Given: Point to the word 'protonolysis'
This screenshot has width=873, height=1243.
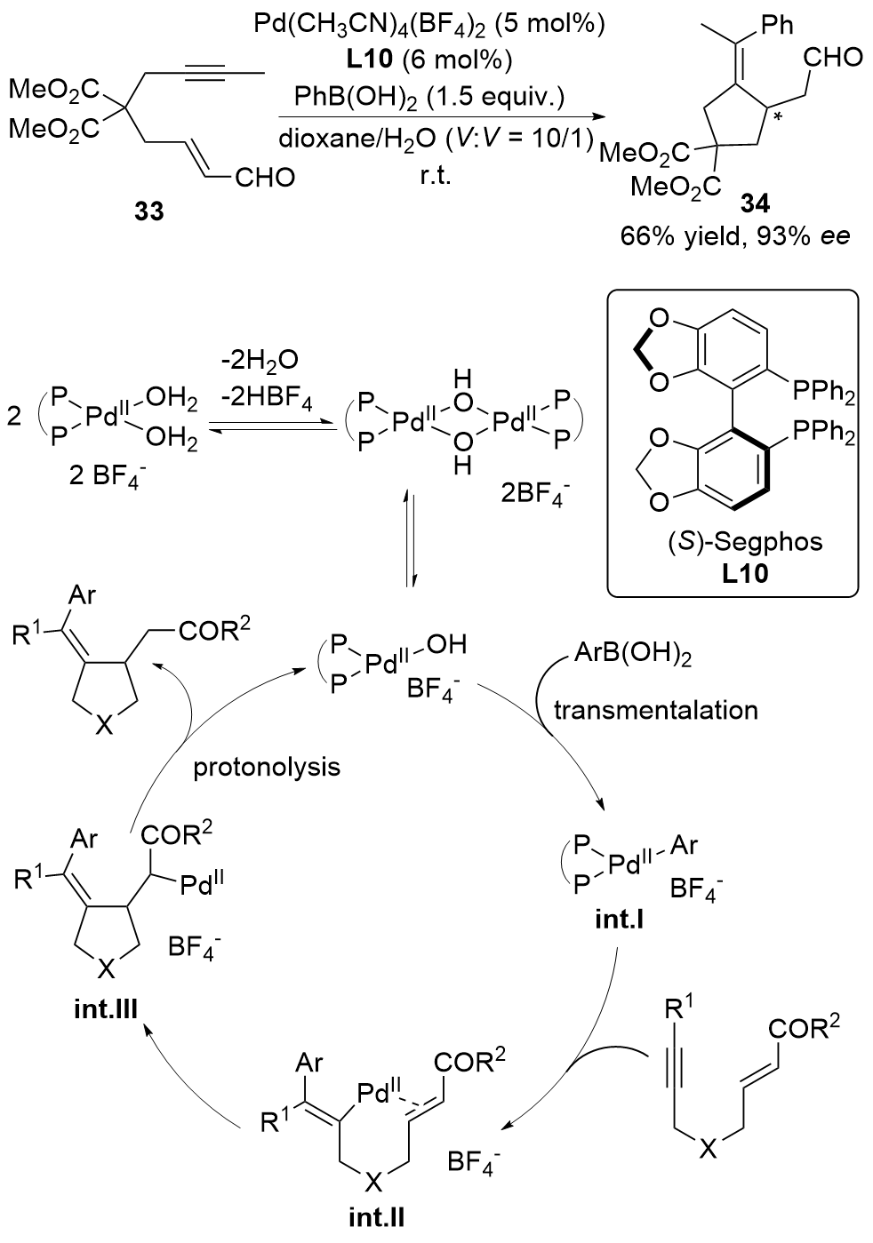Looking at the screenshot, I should (267, 766).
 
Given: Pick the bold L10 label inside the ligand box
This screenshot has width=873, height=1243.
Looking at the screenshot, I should (732, 573).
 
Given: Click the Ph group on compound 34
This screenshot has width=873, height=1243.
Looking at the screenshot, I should (777, 24).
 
